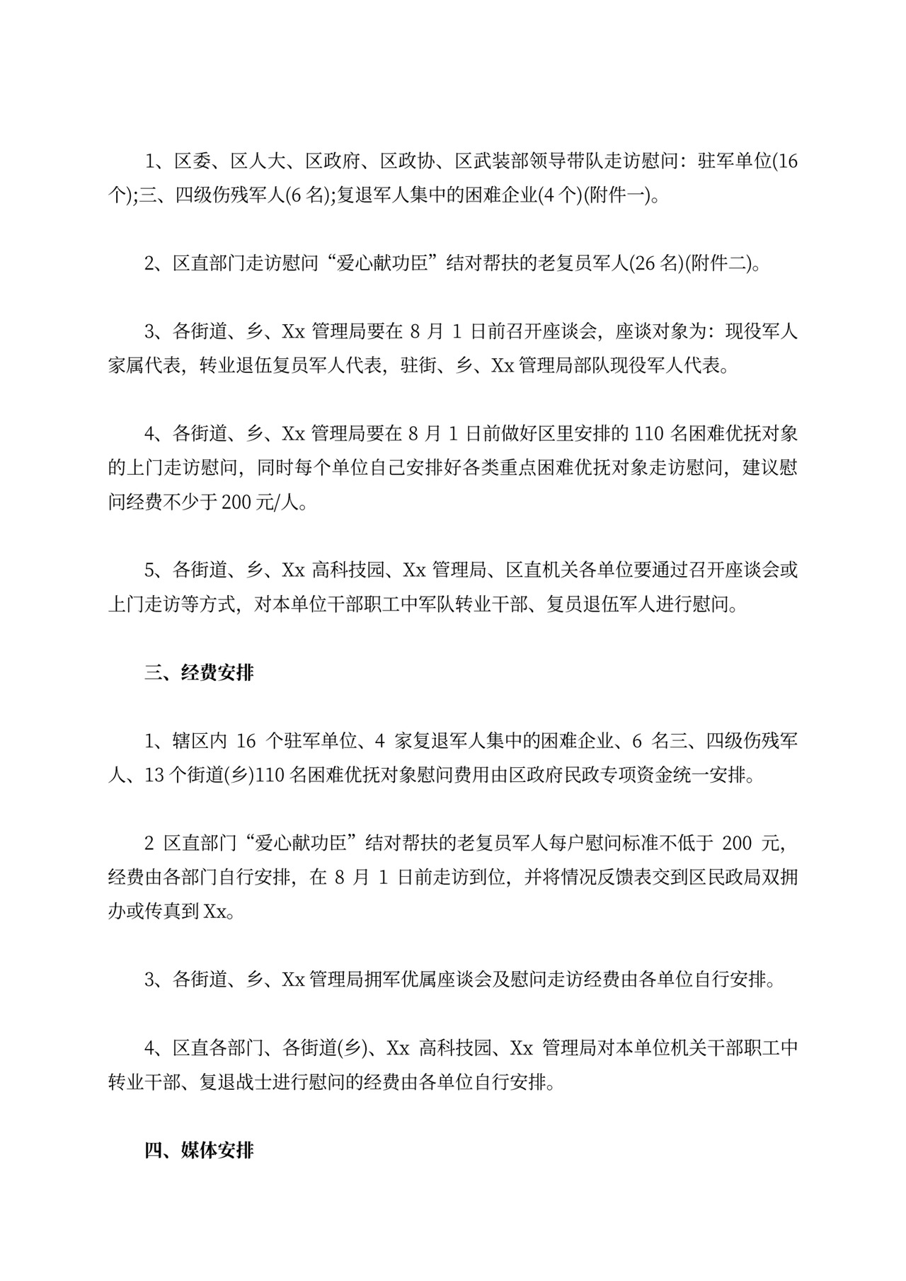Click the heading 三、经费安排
click(199, 672)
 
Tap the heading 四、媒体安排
click(199, 1151)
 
